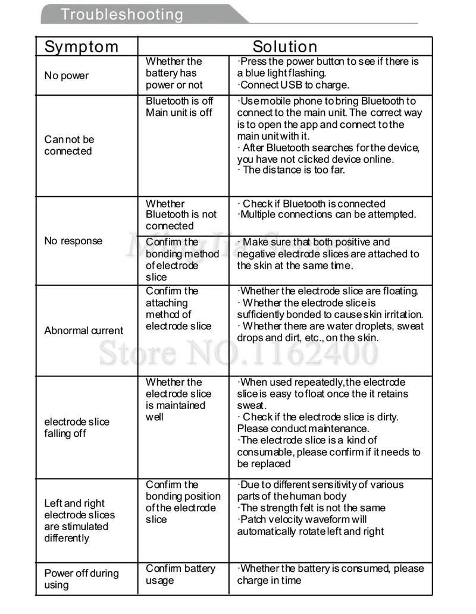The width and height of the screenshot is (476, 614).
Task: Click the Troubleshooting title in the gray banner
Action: (x=122, y=14)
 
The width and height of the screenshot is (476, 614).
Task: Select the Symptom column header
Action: (x=82, y=46)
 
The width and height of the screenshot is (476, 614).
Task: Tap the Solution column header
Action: (x=285, y=46)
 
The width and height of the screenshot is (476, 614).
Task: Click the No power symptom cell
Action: (x=66, y=75)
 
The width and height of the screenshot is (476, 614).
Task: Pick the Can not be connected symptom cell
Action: (x=69, y=145)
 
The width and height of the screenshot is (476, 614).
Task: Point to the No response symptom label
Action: (x=73, y=241)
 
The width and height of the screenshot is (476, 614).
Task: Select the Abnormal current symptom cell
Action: (x=84, y=330)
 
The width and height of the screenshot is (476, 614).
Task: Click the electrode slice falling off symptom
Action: (x=76, y=427)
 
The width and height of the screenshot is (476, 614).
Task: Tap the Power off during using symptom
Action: (x=81, y=579)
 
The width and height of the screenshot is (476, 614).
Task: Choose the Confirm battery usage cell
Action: (x=180, y=574)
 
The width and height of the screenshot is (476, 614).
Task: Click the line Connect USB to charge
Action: (x=294, y=85)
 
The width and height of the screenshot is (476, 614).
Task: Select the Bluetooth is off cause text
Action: (x=179, y=101)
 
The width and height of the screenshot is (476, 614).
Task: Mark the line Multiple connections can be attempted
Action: (x=327, y=215)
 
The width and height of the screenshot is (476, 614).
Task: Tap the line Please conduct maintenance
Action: (x=303, y=429)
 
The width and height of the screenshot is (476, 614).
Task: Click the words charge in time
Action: (x=269, y=581)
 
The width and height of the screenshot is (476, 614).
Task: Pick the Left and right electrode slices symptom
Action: (x=79, y=521)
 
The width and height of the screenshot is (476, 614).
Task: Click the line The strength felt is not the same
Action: (x=311, y=508)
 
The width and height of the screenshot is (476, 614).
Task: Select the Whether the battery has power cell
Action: (x=174, y=73)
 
